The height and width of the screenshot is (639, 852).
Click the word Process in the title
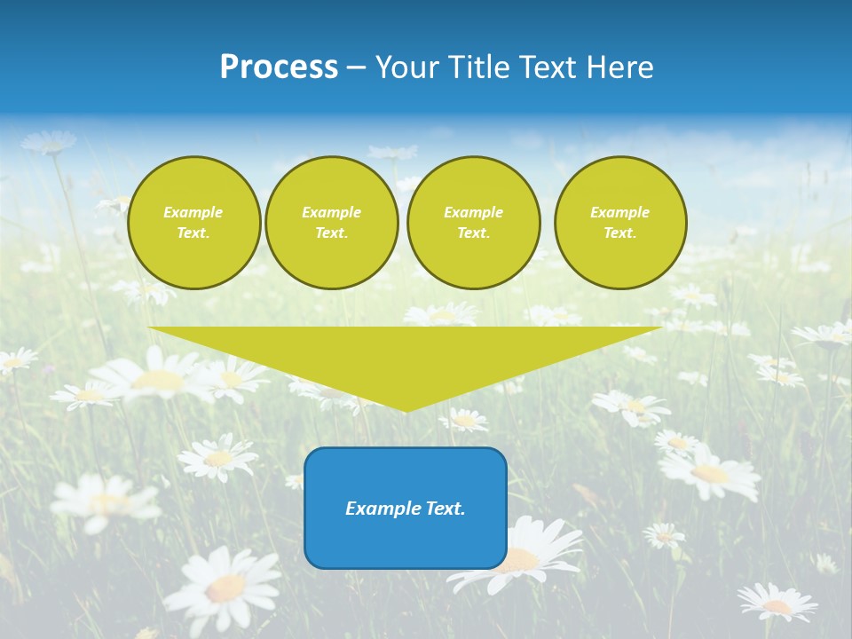click(279, 67)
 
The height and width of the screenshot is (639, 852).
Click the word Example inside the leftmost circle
click(193, 212)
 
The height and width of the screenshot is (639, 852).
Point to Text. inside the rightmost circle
click(620, 233)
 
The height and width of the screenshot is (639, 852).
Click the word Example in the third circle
click(473, 212)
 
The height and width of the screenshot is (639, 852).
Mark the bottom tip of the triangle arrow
click(406, 410)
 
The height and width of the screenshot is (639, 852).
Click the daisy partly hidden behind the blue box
click(532, 550)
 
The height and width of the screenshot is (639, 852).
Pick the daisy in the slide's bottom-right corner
click(777, 603)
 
